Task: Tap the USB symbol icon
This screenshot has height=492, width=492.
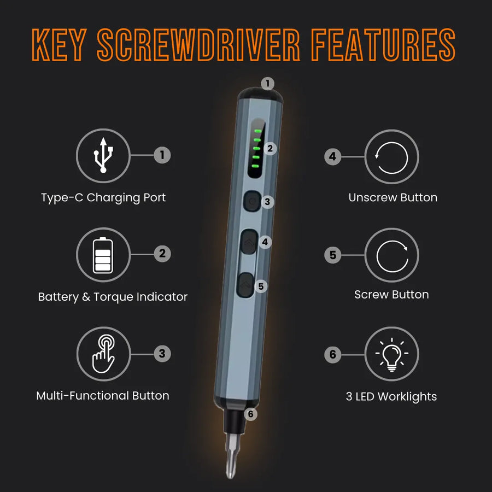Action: tap(103, 155)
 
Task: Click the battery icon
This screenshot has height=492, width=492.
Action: tap(103, 255)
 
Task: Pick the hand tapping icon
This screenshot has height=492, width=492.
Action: tap(103, 354)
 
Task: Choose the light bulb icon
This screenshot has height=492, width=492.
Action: tap(391, 354)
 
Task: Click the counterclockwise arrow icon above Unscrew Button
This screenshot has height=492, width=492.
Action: tap(391, 157)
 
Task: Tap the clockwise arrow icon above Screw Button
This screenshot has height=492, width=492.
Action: tap(391, 255)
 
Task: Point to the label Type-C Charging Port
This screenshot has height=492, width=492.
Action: tap(103, 197)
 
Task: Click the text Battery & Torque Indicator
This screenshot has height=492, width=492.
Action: tap(113, 297)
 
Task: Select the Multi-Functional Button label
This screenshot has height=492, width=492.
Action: tap(103, 395)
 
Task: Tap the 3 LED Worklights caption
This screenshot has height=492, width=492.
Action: tap(391, 397)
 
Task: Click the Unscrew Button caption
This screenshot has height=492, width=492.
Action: tap(393, 197)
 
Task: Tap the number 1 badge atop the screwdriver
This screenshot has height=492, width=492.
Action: tap(267, 84)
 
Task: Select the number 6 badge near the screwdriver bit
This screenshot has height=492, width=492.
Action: tap(250, 414)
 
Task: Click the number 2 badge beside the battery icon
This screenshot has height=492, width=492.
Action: tap(162, 254)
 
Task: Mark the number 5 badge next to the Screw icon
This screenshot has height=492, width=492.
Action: tap(332, 255)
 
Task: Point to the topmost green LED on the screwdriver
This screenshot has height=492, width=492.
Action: tap(256, 132)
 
